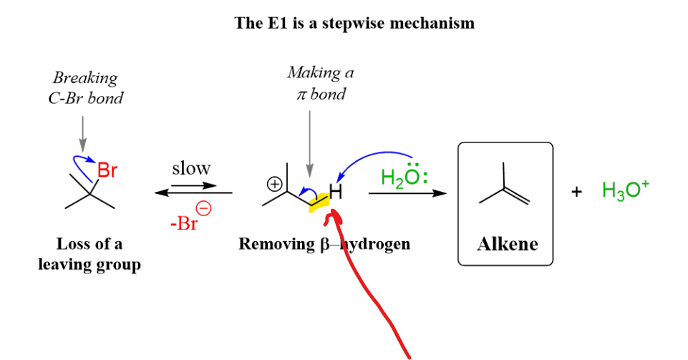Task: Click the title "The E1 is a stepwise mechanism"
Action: tap(354, 23)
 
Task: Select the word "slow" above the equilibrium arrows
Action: tap(191, 168)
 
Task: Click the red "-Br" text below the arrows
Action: tap(183, 223)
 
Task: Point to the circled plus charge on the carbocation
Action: tap(273, 184)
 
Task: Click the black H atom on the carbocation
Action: tap(335, 192)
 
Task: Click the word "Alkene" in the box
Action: tap(507, 244)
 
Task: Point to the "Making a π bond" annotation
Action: tap(320, 83)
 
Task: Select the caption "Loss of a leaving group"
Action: tap(89, 254)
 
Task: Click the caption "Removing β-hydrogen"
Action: tap(324, 244)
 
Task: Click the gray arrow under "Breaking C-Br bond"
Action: tap(83, 132)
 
